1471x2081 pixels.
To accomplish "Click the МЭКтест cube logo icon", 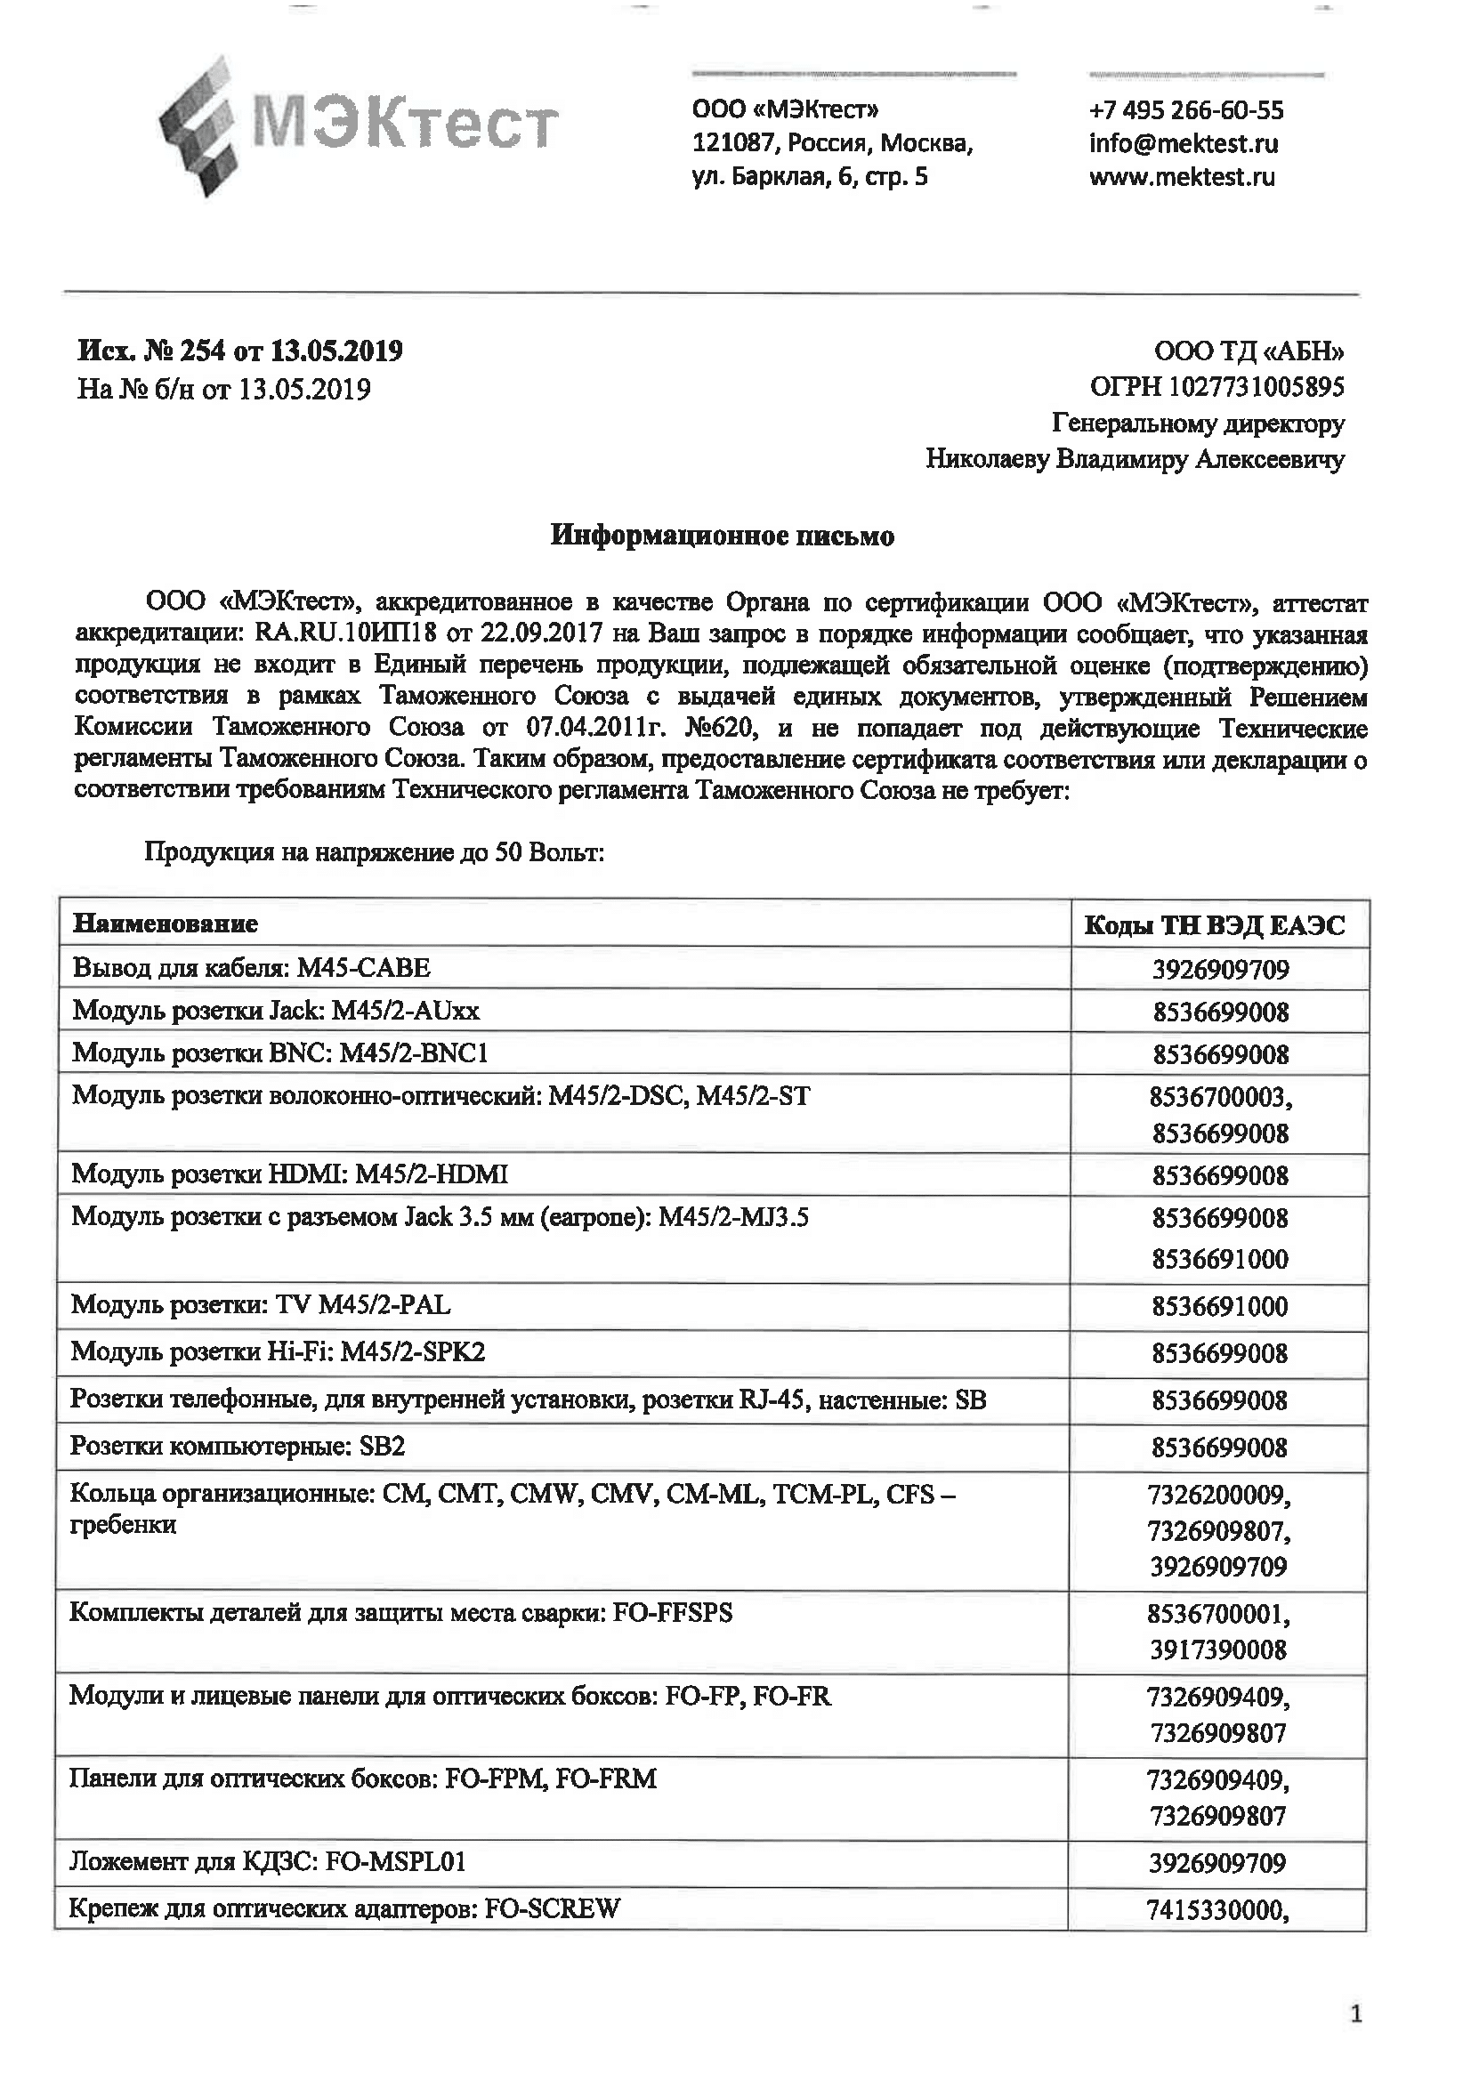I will coord(201,125).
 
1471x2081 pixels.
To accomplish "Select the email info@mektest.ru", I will coord(1183,143).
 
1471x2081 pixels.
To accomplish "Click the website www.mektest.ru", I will coord(1181,177).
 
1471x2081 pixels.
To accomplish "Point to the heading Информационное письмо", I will coord(723,536).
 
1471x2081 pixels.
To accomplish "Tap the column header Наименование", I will coord(165,924).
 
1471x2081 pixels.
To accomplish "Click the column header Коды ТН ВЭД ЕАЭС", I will coord(1215,924).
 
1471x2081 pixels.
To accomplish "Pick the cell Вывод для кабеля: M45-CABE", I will coord(251,968).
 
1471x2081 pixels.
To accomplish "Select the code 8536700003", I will coord(1219,1098).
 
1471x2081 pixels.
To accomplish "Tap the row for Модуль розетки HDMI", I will coord(289,1174).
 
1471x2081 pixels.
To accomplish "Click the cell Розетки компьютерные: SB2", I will coord(238,1446).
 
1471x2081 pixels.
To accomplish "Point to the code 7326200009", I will coord(1218,1494).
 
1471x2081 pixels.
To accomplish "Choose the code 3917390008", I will coord(1218,1649).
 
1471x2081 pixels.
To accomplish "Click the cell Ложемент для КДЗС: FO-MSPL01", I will coord(267,1861).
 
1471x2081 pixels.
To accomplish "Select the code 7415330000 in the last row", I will coord(1216,1910).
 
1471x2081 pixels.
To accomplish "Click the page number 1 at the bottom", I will coord(1356,2015).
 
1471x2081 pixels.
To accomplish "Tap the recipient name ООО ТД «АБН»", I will coord(1248,351).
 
